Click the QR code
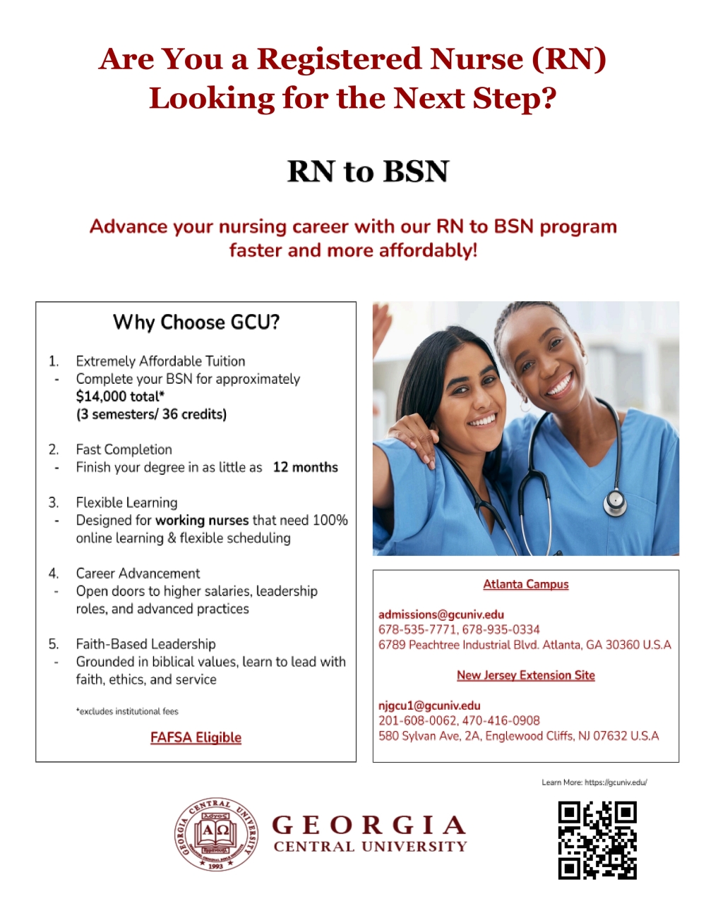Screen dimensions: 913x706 tap(597, 840)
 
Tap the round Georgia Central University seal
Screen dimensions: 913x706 tap(216, 835)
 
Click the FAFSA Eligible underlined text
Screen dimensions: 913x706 tap(196, 737)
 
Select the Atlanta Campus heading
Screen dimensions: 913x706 tap(526, 584)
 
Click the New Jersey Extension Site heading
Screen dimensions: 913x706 tap(526, 675)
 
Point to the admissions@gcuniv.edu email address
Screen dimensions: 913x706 tap(441, 615)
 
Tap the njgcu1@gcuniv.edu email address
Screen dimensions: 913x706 tap(429, 706)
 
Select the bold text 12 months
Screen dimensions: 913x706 tap(306, 467)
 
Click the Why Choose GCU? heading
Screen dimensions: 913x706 tap(196, 322)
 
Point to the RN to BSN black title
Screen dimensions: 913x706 tap(368, 171)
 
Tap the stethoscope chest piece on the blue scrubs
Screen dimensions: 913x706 tap(615, 501)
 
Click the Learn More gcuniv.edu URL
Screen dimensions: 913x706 tap(616, 782)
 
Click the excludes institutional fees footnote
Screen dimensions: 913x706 tap(127, 711)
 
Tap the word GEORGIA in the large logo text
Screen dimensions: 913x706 tap(369, 825)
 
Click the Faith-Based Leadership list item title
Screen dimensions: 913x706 tap(146, 644)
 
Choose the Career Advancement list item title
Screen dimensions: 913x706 tap(138, 574)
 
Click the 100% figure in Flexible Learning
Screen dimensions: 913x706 tap(330, 520)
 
